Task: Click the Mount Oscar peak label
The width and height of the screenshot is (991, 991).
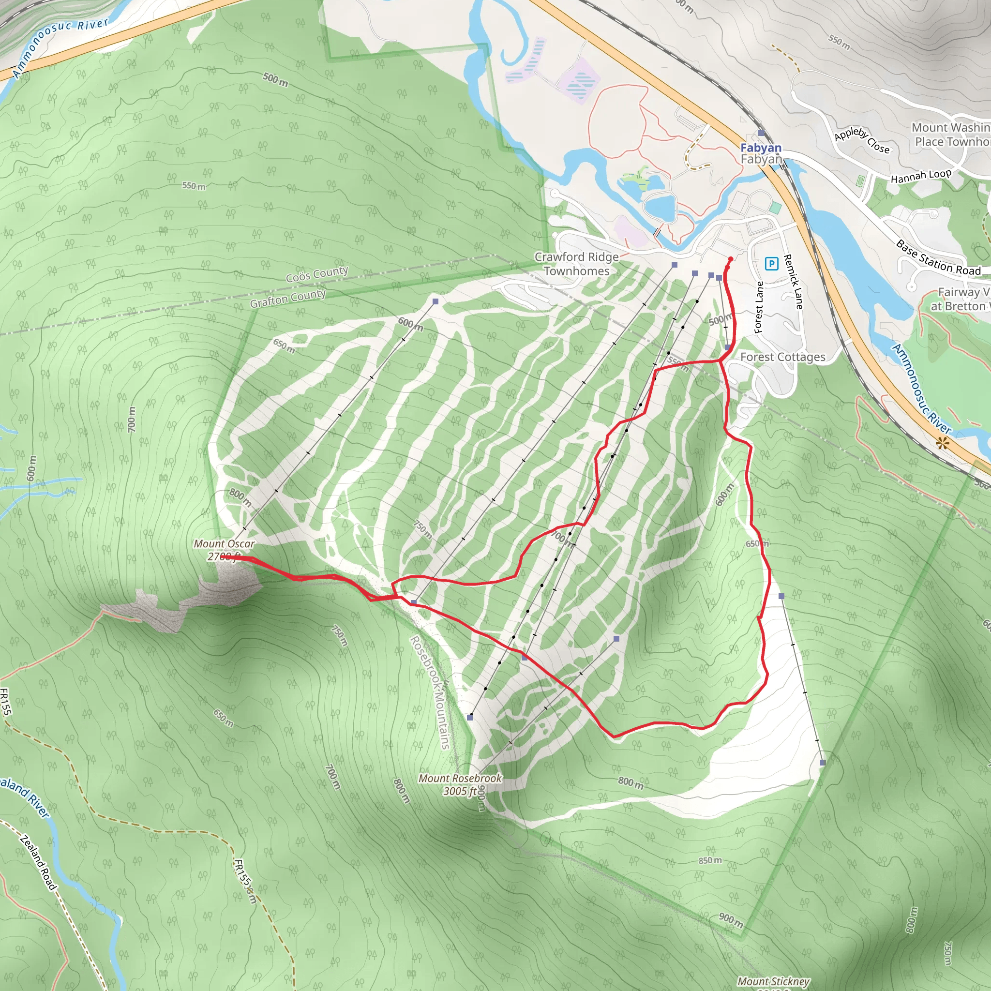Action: coord(224,550)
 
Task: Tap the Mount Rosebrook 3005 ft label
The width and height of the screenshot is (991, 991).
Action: coord(460,784)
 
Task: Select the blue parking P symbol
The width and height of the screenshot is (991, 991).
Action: coord(771,264)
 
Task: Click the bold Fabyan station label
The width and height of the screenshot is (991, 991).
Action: coord(761,148)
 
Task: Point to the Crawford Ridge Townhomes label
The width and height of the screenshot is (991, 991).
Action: coord(576,264)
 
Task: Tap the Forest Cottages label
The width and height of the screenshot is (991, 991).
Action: coord(783,357)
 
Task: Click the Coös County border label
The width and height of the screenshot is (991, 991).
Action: coord(317,274)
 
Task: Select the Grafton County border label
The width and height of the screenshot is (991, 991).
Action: coord(288,298)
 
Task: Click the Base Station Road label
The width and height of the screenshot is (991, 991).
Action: coord(938,258)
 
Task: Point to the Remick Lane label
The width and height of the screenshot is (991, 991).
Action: coord(793,282)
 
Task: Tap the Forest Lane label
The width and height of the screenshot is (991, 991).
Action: coord(759,307)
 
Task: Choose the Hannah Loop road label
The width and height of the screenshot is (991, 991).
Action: coord(921,176)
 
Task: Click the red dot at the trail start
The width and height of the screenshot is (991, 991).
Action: coord(730,258)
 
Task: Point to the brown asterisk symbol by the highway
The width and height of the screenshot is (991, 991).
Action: coord(942,443)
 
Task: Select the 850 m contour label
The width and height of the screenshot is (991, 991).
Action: coord(710,860)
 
